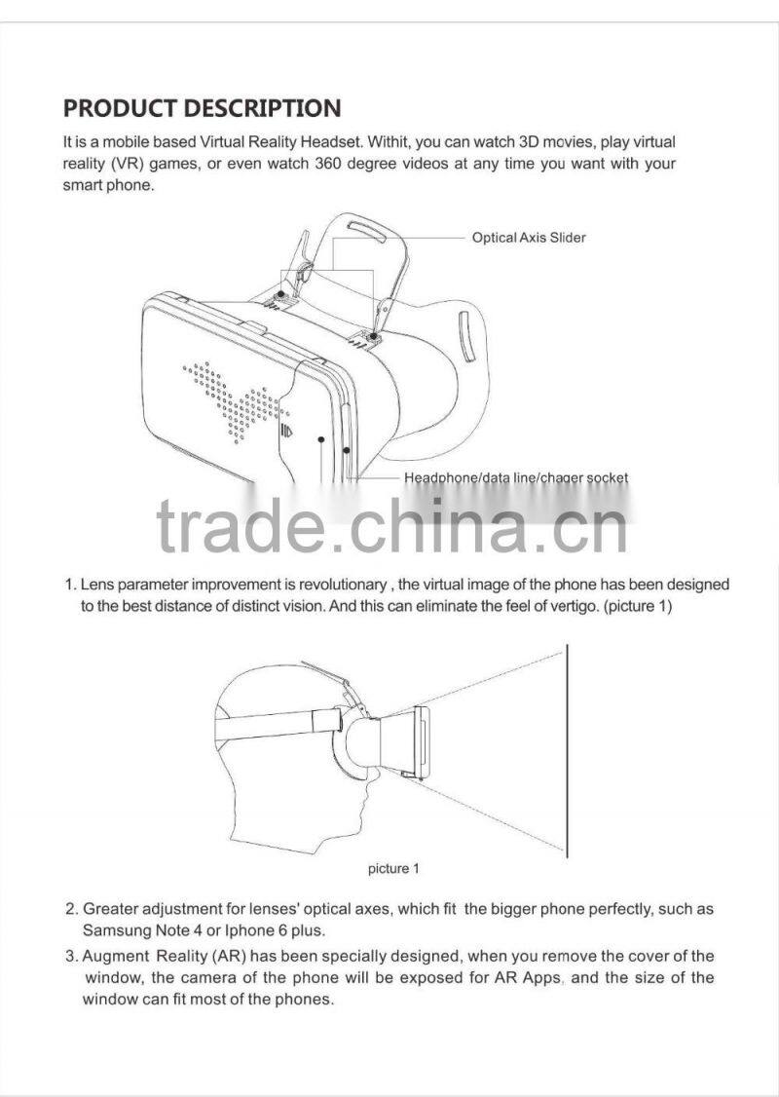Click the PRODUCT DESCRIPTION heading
click(x=203, y=108)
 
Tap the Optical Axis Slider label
click(x=529, y=237)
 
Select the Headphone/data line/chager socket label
click(x=516, y=477)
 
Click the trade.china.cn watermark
click(x=391, y=525)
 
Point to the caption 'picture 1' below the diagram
click(x=393, y=869)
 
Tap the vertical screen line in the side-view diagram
click(x=567, y=751)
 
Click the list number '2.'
click(x=71, y=909)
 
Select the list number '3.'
click(x=71, y=956)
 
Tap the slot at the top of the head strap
click(x=367, y=232)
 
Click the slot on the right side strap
click(x=466, y=337)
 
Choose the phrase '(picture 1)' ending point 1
click(x=637, y=606)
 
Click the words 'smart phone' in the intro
click(x=108, y=186)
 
